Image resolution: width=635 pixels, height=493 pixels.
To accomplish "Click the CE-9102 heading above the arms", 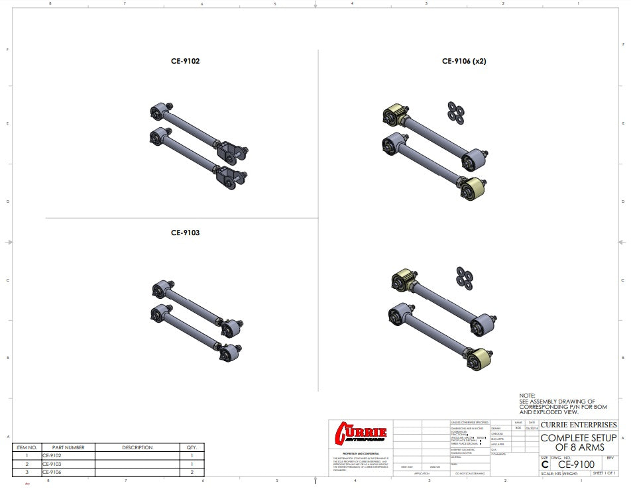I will (185, 61).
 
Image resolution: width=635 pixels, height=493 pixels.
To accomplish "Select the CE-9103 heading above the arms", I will (185, 233).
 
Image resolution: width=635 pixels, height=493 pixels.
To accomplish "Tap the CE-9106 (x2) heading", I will (465, 61).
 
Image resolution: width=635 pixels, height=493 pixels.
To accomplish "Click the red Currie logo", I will (362, 433).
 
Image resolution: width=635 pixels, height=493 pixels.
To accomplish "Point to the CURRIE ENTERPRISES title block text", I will (578, 425).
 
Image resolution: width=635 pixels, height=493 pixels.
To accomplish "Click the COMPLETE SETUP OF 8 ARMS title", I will (578, 443).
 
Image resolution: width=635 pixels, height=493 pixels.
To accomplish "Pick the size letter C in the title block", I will (545, 465).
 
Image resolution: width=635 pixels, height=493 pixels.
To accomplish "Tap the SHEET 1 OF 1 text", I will (604, 473).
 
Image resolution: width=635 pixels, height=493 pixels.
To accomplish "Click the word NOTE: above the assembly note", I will (527, 396).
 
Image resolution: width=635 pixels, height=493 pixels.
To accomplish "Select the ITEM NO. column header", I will (27, 448).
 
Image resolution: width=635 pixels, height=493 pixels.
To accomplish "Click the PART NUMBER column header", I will (68, 448).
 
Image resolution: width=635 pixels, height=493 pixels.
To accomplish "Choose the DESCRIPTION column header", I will (137, 448).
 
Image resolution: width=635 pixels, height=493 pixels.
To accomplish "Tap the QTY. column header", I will (192, 448).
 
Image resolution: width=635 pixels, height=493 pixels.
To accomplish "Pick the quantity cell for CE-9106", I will (192, 472).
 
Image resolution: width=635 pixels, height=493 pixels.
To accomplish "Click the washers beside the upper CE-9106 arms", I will (455, 112).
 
